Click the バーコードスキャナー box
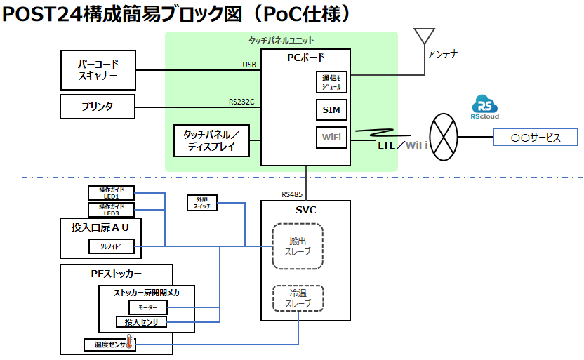[99, 70]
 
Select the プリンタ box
[99, 107]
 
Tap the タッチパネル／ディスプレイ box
[212, 140]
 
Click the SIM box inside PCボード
[331, 110]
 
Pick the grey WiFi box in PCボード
[331, 138]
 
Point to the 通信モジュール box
[331, 82]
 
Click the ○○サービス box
[536, 138]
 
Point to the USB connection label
[249, 65]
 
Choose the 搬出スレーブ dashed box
[298, 246]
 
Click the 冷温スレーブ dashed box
[298, 298]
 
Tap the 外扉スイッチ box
[202, 203]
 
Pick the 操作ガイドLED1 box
[112, 193]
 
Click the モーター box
[147, 308]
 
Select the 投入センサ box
[141, 322]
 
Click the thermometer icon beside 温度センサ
[129, 345]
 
